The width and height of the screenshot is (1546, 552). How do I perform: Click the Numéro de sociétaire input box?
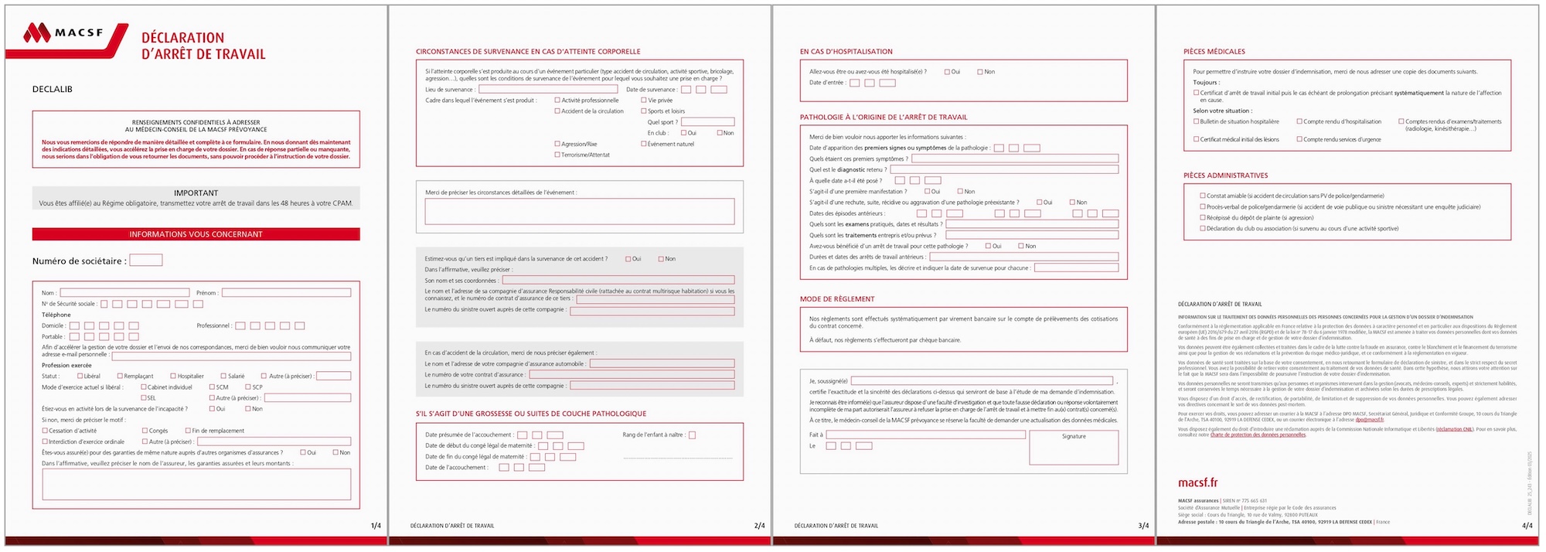[x=145, y=261]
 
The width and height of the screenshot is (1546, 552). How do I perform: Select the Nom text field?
[x=124, y=293]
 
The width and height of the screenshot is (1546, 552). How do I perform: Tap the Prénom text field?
[x=286, y=293]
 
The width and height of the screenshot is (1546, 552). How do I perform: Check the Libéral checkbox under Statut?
[x=80, y=377]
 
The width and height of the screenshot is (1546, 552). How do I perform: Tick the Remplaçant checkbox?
[x=120, y=377]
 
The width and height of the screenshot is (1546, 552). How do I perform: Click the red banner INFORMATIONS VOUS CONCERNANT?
[x=196, y=234]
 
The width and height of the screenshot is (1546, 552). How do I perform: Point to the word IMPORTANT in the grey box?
[x=196, y=193]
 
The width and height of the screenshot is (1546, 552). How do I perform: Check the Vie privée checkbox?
[x=643, y=101]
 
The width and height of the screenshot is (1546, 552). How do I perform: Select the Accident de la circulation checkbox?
[x=557, y=111]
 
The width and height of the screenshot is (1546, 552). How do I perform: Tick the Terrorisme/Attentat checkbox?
[x=557, y=155]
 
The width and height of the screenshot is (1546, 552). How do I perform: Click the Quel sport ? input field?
[x=707, y=122]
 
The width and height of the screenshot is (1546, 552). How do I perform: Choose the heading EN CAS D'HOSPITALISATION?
[x=846, y=52]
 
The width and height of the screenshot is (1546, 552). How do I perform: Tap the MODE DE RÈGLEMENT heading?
[x=837, y=299]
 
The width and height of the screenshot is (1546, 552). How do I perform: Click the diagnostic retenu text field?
[x=1003, y=169]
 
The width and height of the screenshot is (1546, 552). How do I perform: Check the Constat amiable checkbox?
[x=1203, y=196]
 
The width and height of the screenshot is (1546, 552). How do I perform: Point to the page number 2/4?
[x=759, y=526]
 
